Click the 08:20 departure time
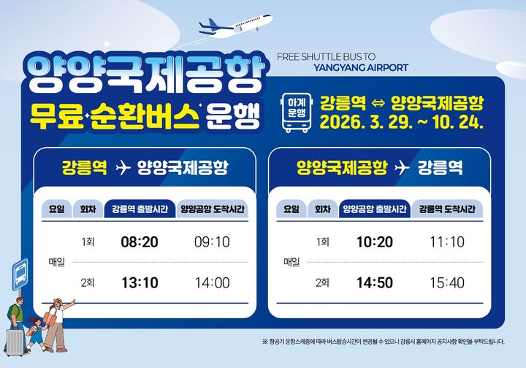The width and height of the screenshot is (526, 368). click(x=140, y=242)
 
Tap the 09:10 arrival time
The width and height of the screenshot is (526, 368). click(x=213, y=242)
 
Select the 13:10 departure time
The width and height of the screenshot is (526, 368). click(x=140, y=282)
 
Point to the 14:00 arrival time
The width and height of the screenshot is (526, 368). click(x=213, y=282)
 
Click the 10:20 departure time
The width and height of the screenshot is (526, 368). click(x=375, y=242)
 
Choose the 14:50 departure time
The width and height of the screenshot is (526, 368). click(x=375, y=282)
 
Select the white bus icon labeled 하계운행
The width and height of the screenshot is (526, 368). click(x=297, y=112)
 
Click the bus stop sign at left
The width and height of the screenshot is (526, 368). click(x=19, y=276)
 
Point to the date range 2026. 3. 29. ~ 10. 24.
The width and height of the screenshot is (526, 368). click(x=402, y=120)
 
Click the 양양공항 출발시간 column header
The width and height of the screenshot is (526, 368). click(x=374, y=209)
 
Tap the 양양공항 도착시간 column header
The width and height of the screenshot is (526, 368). click(x=213, y=209)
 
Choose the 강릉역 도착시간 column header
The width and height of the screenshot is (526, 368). click(x=447, y=209)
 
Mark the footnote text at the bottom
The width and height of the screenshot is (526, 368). click(x=383, y=342)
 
